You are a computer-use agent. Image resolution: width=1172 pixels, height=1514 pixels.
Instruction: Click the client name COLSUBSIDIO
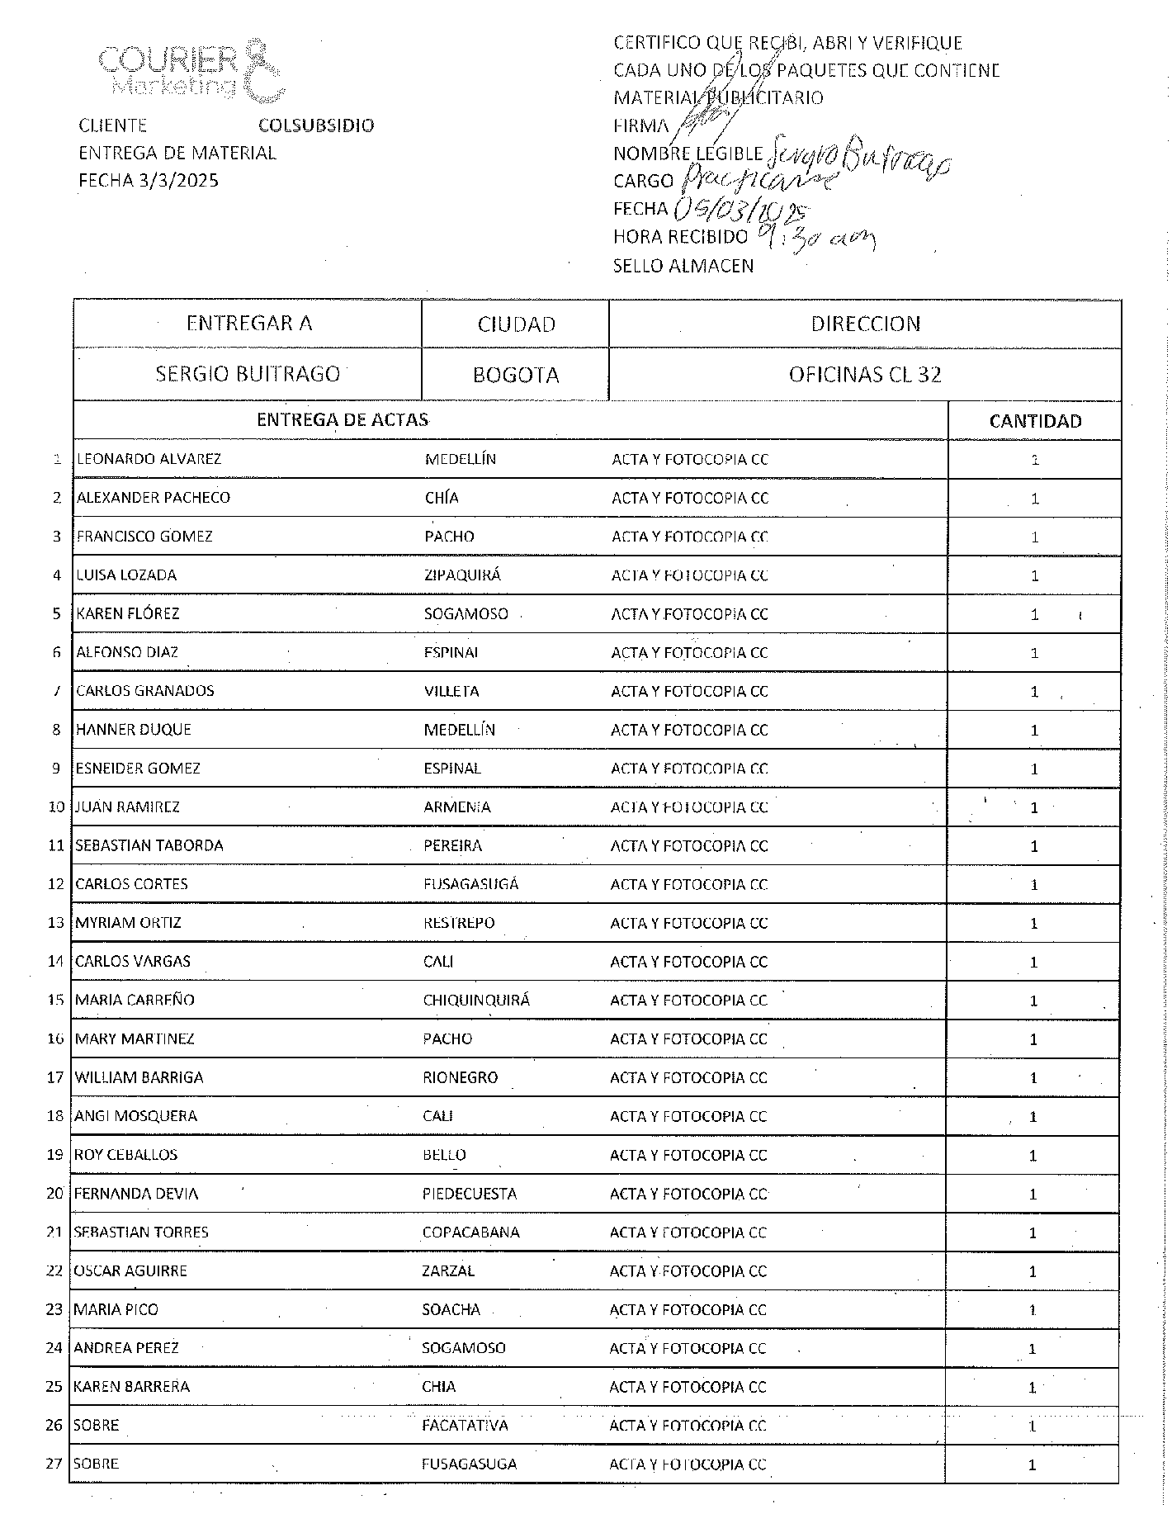(316, 125)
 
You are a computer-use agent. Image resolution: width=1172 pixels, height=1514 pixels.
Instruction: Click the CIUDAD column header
(516, 324)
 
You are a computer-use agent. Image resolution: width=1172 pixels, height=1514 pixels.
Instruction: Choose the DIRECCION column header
(865, 324)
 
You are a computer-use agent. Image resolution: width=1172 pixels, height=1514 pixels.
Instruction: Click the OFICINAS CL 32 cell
(865, 375)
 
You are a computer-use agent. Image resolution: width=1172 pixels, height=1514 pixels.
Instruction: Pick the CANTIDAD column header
(1035, 421)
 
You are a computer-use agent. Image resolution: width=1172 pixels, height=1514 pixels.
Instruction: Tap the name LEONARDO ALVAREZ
(149, 459)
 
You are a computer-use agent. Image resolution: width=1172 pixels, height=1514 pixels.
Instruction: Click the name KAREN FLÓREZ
(128, 613)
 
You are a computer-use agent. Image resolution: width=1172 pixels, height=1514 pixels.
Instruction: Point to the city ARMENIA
(457, 807)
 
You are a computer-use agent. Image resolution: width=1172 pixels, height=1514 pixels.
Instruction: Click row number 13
(55, 923)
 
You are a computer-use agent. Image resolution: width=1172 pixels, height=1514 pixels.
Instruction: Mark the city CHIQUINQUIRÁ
(476, 1001)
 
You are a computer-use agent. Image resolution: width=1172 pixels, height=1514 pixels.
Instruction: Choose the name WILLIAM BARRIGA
(139, 1077)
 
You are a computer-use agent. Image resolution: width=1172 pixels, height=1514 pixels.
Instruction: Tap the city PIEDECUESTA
(470, 1194)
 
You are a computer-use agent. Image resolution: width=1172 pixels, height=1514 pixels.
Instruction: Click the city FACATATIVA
(465, 1426)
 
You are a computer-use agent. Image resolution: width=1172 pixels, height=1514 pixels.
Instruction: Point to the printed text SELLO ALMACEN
(683, 266)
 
